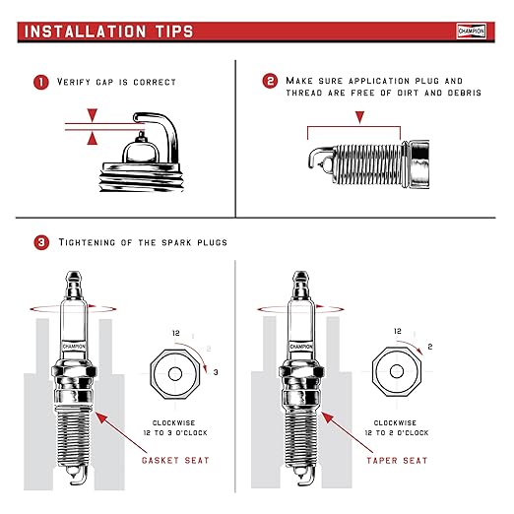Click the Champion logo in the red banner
click(x=471, y=32)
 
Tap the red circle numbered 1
click(x=41, y=82)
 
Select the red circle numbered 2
click(x=270, y=81)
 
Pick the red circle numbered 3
click(x=41, y=242)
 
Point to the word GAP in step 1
click(x=104, y=82)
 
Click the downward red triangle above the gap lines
click(x=93, y=115)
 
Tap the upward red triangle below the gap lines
click(x=93, y=138)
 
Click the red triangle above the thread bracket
click(x=360, y=117)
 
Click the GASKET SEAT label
click(x=175, y=460)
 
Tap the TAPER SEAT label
click(x=397, y=461)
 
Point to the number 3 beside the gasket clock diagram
click(x=216, y=372)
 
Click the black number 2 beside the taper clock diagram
click(x=430, y=347)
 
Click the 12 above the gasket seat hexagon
click(x=176, y=333)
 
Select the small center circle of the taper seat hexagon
click(x=397, y=371)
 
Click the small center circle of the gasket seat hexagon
click(x=175, y=374)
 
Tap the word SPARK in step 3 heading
click(x=176, y=242)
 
